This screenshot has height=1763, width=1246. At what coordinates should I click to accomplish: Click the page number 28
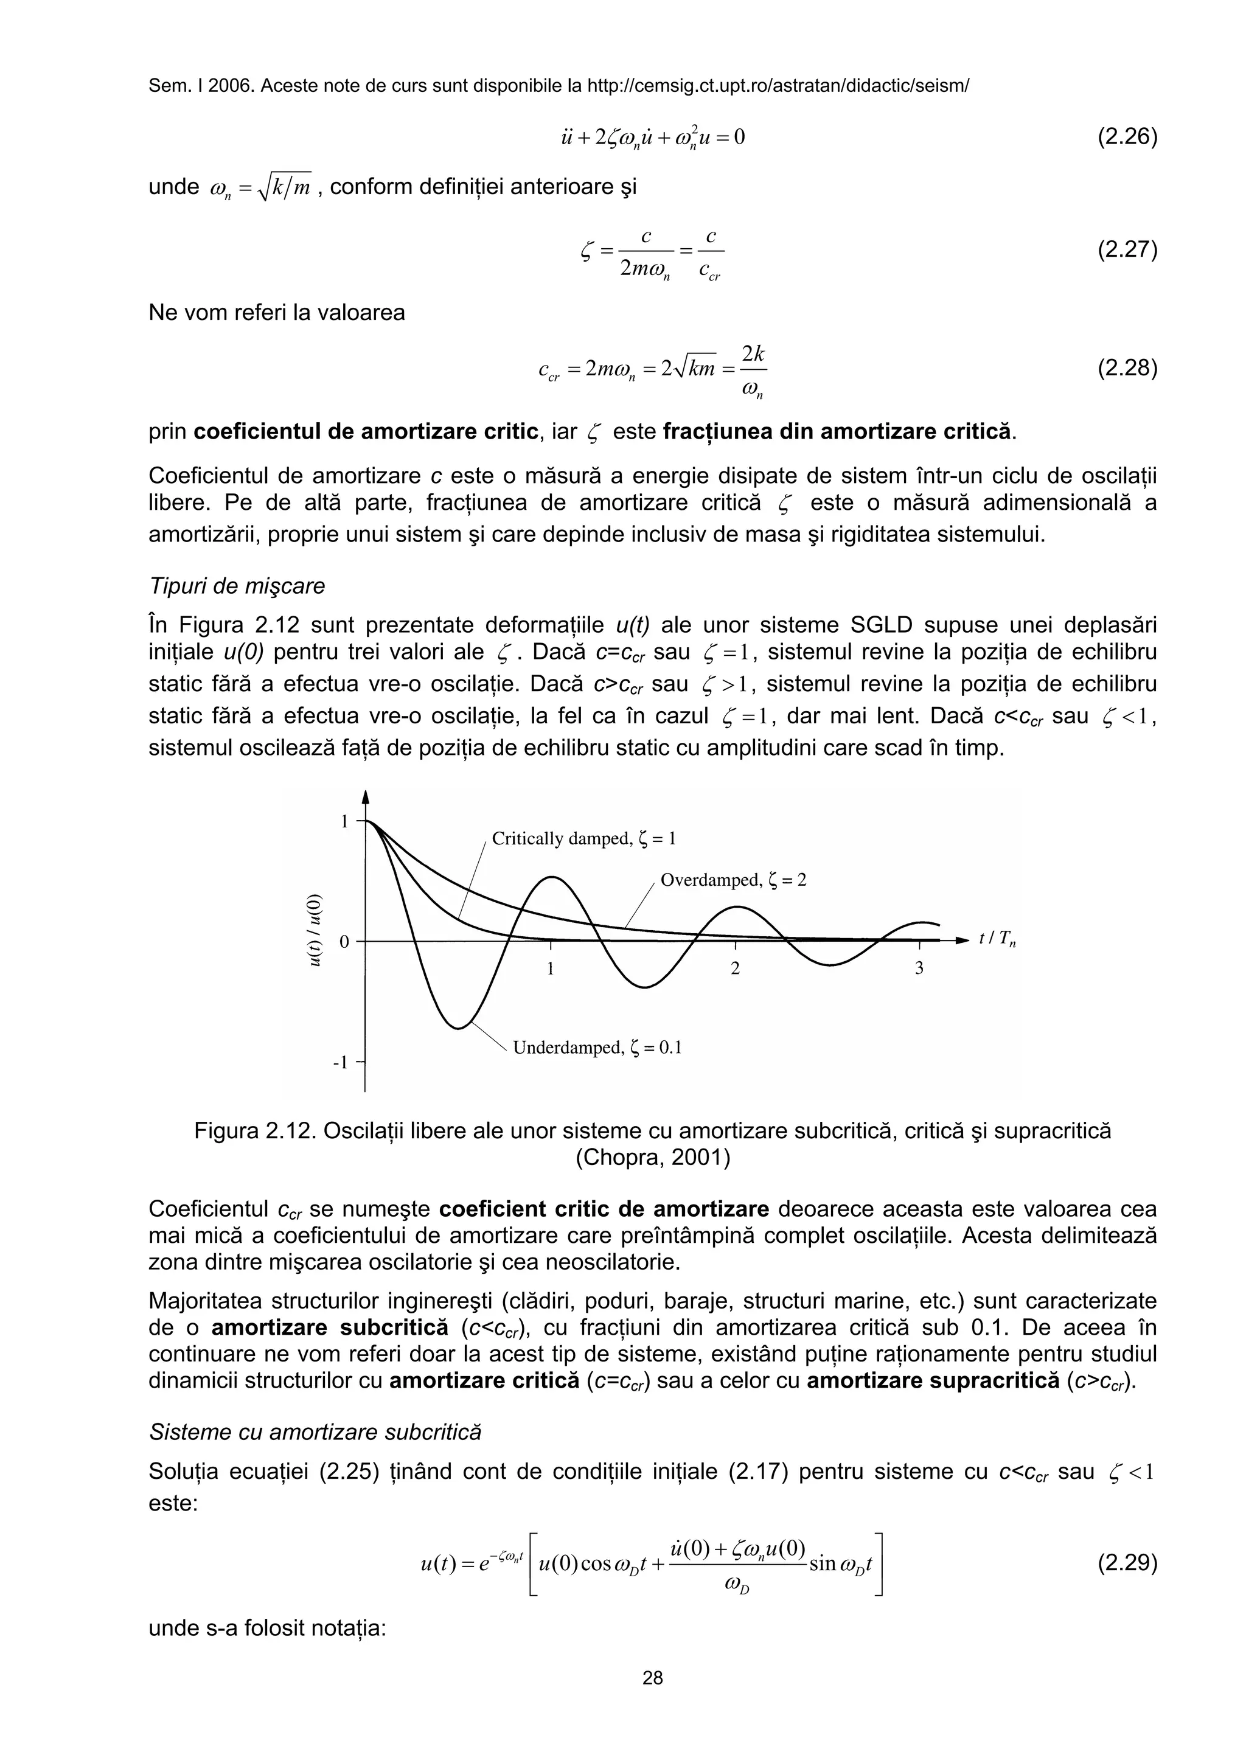click(653, 1699)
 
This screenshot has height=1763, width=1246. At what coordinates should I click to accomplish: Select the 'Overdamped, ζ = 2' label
click(733, 880)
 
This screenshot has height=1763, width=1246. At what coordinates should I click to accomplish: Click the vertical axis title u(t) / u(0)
click(313, 931)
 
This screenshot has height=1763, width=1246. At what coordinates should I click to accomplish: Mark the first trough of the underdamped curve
click(458, 1028)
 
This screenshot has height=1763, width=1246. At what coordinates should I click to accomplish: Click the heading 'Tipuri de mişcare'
click(237, 586)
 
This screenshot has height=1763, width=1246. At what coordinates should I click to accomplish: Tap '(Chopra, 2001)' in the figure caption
click(653, 1157)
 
